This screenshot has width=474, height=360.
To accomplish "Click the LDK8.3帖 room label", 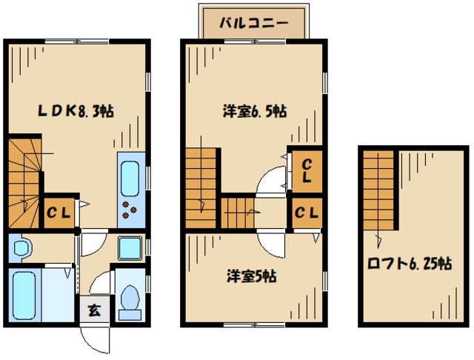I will [76, 112].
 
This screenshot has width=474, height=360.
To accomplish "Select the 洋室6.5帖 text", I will [255, 112].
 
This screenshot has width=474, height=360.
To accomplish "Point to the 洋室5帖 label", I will [252, 276].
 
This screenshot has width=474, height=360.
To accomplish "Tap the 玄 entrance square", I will [96, 310].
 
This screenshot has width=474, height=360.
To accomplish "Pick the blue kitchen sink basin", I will [132, 178].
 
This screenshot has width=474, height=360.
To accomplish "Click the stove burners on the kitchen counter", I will [132, 210].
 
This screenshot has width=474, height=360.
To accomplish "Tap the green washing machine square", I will [130, 247].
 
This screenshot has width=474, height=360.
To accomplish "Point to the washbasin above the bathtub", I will [20, 249].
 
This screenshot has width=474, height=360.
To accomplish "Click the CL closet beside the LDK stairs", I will [59, 214].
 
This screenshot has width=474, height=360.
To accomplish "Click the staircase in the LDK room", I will [24, 181].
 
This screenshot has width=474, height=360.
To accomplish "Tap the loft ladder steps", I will [380, 193].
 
